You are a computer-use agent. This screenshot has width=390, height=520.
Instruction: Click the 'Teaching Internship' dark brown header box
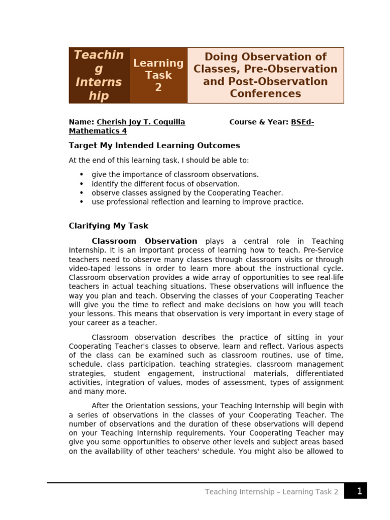[99, 75]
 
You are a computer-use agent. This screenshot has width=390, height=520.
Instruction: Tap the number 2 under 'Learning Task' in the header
[158, 87]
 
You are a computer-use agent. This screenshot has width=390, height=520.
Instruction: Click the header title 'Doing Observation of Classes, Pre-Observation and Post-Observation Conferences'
[265, 75]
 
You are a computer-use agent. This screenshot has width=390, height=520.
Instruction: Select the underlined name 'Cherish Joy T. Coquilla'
[141, 122]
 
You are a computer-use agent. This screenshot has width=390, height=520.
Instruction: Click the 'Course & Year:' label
[259, 122]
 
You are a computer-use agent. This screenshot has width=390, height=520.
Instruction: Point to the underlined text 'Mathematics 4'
[97, 131]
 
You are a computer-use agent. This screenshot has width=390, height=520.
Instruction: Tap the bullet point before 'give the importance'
[82, 175]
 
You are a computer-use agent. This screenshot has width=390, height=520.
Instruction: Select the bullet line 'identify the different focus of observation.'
[166, 184]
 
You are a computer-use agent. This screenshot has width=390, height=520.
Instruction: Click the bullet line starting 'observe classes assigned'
[187, 193]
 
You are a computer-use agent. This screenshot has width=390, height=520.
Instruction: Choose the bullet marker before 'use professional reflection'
[82, 202]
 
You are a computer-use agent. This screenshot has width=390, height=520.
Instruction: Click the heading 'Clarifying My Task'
[109, 226]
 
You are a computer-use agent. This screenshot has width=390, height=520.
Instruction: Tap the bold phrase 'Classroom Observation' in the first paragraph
[144, 241]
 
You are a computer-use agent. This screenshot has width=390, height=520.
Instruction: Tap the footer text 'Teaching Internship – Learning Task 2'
[272, 492]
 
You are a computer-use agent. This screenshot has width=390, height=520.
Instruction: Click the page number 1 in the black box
[359, 491]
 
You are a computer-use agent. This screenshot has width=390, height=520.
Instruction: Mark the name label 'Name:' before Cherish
[81, 122]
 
